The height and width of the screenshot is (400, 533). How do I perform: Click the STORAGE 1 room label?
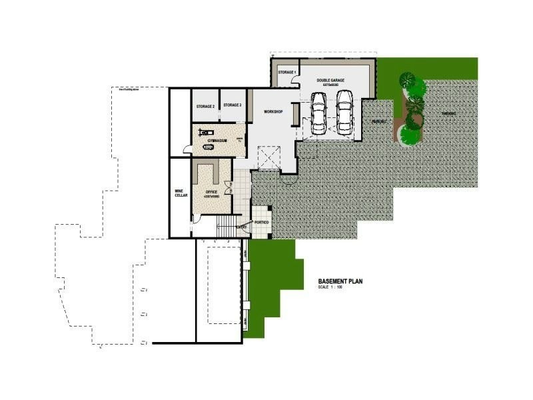click(x=286, y=72)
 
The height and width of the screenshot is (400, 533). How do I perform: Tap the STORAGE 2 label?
click(x=205, y=106)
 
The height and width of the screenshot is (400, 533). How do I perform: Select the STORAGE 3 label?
click(x=233, y=105)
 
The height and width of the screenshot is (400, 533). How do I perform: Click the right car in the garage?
click(x=344, y=111)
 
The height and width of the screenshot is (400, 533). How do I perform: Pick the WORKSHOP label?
click(x=274, y=112)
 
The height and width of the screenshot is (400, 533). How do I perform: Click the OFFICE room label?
click(x=212, y=193)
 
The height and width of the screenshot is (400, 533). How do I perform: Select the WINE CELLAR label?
click(x=180, y=193)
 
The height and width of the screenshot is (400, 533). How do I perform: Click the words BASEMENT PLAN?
click(x=340, y=281)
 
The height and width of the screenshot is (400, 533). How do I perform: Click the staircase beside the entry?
click(x=228, y=227)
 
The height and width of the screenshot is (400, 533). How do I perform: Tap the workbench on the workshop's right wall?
click(x=296, y=117)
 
